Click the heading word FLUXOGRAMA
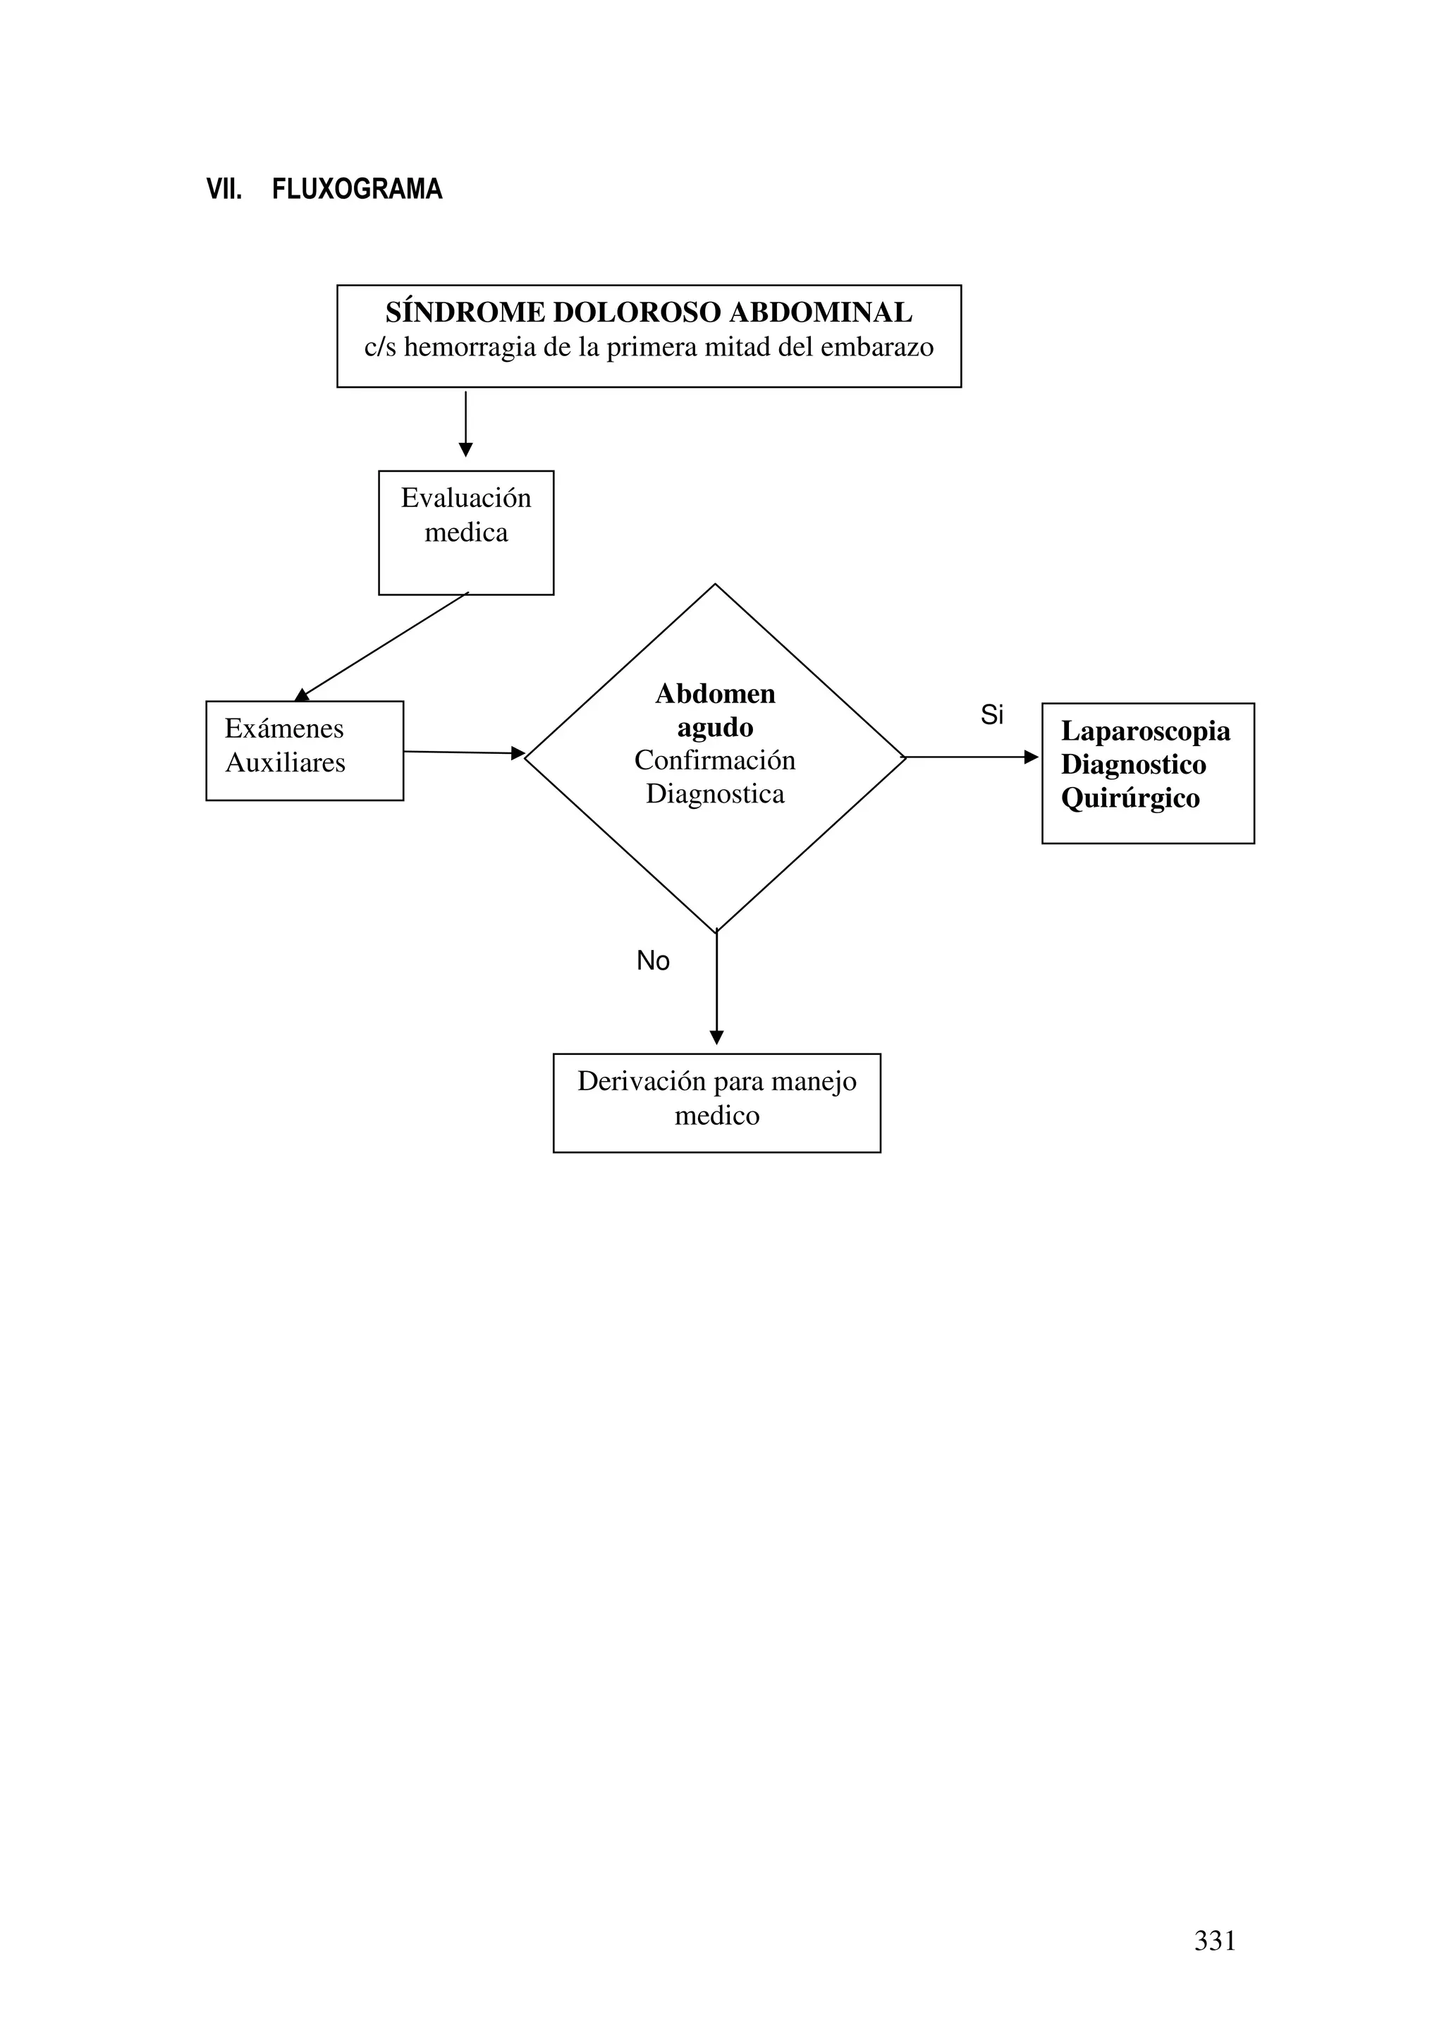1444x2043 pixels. tap(357, 190)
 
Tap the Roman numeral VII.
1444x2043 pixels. tap(224, 190)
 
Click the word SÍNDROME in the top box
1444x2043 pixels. tap(465, 312)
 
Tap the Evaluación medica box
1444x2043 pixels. tap(465, 532)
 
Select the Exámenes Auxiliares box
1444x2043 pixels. tap(305, 750)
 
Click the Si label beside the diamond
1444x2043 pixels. tap(991, 714)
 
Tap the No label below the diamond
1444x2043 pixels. tap(652, 960)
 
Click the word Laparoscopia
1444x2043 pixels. tap(1145, 731)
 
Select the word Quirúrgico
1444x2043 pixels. tap(1130, 798)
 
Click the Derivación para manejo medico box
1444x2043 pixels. tap(716, 1102)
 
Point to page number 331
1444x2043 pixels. tap(1214, 1940)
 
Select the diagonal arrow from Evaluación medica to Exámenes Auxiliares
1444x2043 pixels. tap(384, 645)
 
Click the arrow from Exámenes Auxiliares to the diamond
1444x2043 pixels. tap(463, 752)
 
